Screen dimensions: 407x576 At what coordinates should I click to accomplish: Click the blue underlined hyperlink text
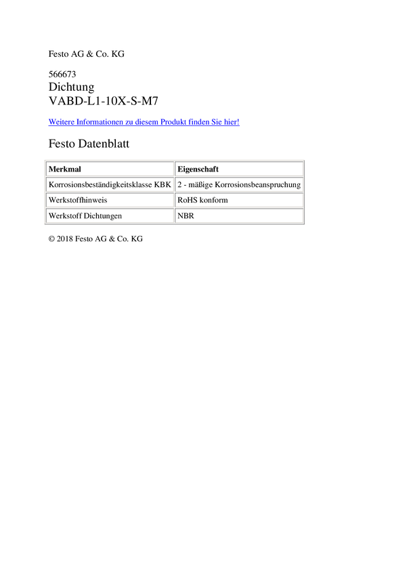(144, 123)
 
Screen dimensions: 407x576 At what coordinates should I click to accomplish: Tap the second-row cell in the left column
(109, 184)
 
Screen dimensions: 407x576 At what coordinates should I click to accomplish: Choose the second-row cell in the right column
(238, 184)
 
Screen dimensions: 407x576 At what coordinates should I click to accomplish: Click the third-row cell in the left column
(109, 200)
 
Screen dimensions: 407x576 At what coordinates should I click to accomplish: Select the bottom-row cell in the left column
(109, 215)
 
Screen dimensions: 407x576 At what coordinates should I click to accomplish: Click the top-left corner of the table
(44, 159)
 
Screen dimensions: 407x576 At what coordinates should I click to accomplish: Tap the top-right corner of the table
(304, 159)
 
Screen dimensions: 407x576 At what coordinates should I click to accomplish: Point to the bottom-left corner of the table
(44, 224)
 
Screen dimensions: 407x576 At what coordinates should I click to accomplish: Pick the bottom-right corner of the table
(304, 224)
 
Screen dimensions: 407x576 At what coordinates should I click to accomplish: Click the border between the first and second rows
(109, 176)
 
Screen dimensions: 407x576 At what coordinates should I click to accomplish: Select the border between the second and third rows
(109, 192)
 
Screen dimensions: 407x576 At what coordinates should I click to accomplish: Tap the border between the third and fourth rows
(109, 207)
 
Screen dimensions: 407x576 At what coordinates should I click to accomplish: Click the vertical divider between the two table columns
(174, 192)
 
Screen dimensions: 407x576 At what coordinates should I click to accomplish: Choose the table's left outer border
(44, 192)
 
